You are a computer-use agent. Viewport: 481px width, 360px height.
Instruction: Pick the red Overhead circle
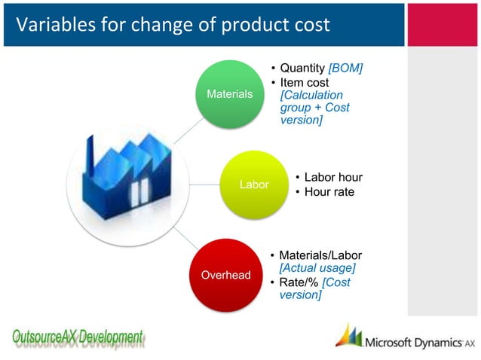coord(225,274)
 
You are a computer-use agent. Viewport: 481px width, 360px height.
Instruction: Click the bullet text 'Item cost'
coord(304,82)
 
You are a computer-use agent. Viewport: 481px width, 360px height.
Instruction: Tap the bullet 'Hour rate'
coord(328,192)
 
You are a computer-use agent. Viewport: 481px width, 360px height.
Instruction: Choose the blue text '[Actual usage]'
coord(317,268)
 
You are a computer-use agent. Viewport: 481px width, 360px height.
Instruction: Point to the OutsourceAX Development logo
coord(77,338)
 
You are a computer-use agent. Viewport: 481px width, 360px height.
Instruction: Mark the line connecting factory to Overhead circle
coord(177,236)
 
